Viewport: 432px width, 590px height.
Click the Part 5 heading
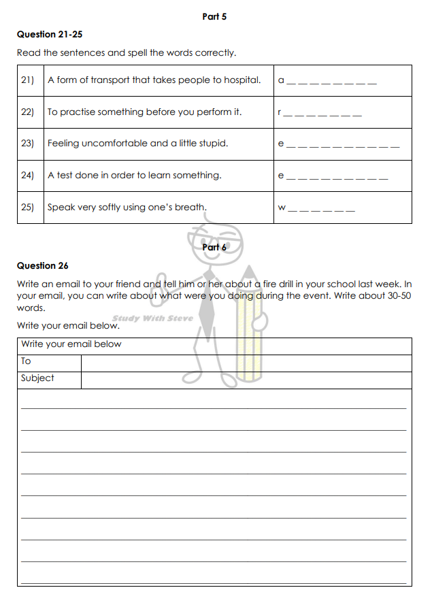(x=214, y=16)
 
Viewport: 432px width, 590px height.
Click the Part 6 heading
(x=214, y=248)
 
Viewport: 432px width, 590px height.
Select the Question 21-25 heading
(x=50, y=34)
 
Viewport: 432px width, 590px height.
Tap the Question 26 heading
(x=43, y=265)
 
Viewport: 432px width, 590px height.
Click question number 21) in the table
(x=28, y=80)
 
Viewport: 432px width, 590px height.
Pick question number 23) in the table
(x=28, y=144)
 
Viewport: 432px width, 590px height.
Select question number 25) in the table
(x=28, y=207)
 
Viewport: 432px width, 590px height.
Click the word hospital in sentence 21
(x=242, y=80)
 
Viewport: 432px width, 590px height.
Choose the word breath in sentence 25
(x=190, y=207)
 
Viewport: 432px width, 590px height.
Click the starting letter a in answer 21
(x=281, y=81)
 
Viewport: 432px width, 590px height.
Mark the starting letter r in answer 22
(x=280, y=113)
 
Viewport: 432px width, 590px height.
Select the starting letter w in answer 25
(x=282, y=208)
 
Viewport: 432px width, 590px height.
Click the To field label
(x=26, y=361)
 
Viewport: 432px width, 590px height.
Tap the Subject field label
(x=37, y=378)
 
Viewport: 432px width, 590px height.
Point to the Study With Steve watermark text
(x=152, y=318)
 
